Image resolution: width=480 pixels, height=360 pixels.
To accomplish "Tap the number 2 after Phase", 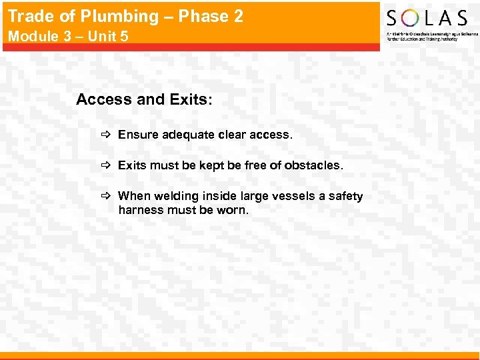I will [238, 16].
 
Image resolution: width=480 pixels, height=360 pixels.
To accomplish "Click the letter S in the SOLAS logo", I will [393, 18].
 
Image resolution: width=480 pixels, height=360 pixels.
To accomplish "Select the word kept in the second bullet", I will [213, 165].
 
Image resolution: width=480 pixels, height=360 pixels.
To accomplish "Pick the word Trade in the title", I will [29, 17].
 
